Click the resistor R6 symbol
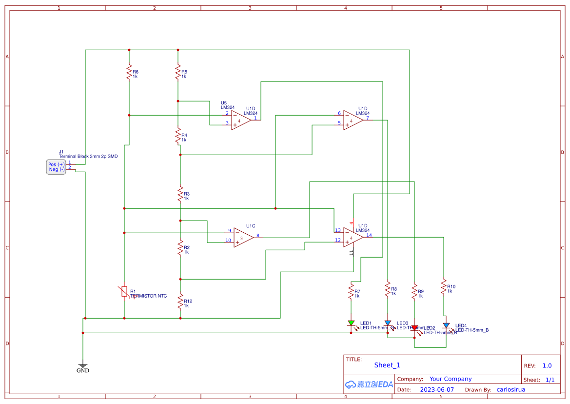(129, 73)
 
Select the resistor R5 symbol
(178, 73)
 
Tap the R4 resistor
(178, 137)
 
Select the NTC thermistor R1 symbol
(125, 292)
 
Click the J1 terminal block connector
(56, 167)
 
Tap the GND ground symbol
(83, 365)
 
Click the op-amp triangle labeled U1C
(243, 237)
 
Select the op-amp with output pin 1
(240, 120)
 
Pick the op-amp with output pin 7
(353, 120)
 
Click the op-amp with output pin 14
(353, 237)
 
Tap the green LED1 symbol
(351, 323)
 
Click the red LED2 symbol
(414, 328)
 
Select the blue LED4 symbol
(446, 325)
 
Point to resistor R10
(444, 287)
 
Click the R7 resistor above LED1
(351, 292)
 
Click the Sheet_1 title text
(387, 365)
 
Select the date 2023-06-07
(436, 390)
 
